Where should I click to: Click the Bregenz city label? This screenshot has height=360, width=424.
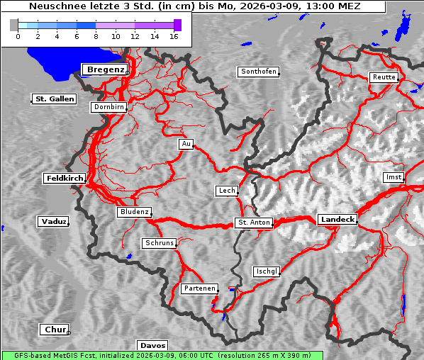[x=105, y=69]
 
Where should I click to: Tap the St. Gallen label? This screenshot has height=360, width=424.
[x=54, y=99]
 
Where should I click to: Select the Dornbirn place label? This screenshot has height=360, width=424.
[x=109, y=107]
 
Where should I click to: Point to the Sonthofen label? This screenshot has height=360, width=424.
[x=258, y=72]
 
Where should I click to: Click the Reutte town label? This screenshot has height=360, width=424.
[x=383, y=77]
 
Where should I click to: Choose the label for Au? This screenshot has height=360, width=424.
[x=186, y=144]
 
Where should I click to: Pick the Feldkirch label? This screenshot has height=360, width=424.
[x=65, y=179]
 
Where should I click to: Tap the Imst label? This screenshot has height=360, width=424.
[x=392, y=176]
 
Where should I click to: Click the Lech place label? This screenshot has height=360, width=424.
[x=226, y=191]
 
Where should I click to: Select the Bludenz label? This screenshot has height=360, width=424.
[x=134, y=212]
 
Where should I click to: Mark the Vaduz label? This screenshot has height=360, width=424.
[x=53, y=222]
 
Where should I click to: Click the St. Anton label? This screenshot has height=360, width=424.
[x=253, y=223]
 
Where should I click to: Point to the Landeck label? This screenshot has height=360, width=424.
[x=337, y=220]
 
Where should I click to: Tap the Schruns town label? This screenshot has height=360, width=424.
[x=158, y=243]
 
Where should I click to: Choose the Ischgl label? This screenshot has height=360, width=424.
[x=267, y=271]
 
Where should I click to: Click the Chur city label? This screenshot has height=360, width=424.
[x=54, y=330]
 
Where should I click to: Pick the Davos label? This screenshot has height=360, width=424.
[x=152, y=345]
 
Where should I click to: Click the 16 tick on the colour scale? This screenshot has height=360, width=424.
[x=173, y=35]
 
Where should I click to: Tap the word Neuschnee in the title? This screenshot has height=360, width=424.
[x=54, y=6]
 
